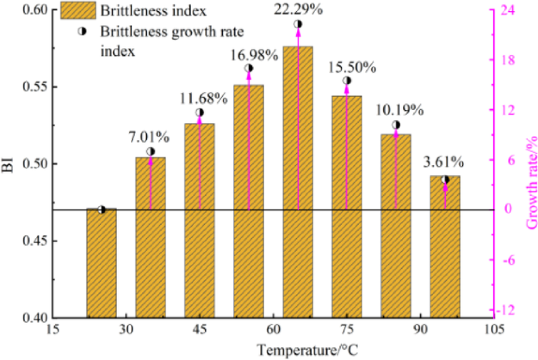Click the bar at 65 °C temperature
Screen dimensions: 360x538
(298, 182)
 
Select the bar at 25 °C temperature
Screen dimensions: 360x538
(101, 263)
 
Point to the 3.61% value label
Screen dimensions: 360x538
(445, 163)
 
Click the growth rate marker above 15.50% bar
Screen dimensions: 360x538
(347, 81)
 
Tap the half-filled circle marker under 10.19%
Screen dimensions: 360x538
(396, 125)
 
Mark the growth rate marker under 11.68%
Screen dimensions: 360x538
(199, 112)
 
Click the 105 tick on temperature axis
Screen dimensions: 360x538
(493, 330)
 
